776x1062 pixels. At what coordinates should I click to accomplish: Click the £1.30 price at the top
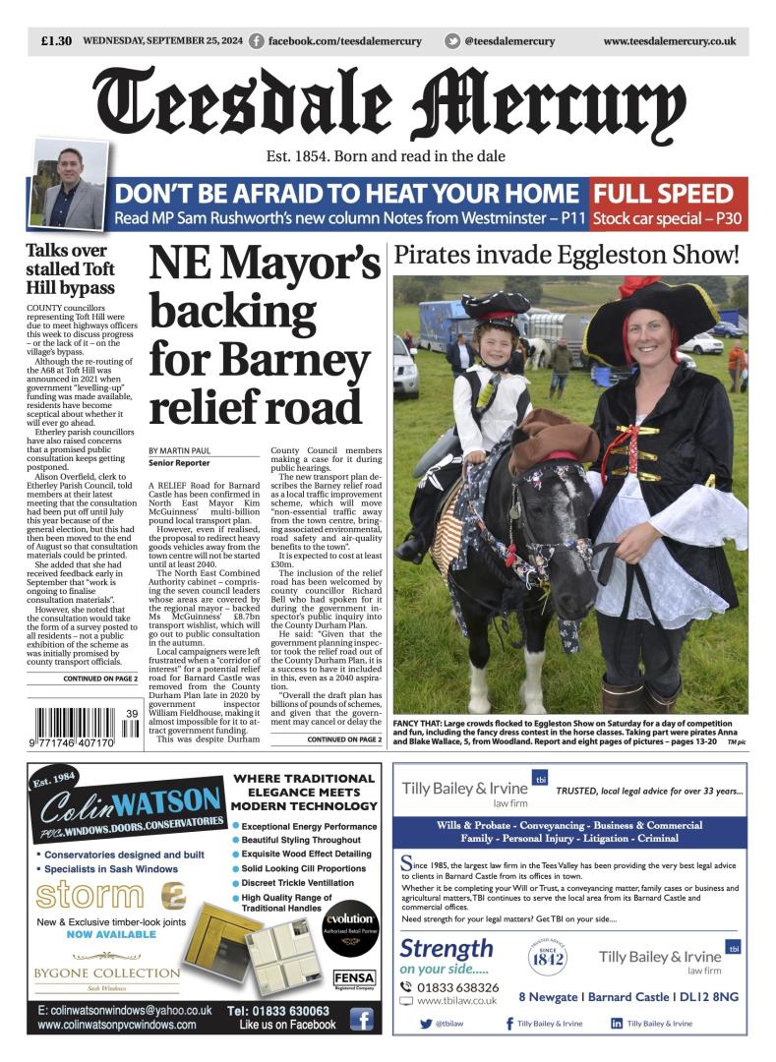pos(56,41)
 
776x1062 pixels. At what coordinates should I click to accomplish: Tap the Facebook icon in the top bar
pos(257,41)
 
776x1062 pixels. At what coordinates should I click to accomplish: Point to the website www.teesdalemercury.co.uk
pos(669,41)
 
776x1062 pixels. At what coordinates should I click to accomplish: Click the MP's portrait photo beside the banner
pos(68,184)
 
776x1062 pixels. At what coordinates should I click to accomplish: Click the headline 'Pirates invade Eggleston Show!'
pos(566,256)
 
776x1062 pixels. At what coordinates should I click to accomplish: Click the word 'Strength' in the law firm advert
pos(447,948)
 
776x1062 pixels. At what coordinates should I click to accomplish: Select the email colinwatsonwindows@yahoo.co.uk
pos(125,1010)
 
